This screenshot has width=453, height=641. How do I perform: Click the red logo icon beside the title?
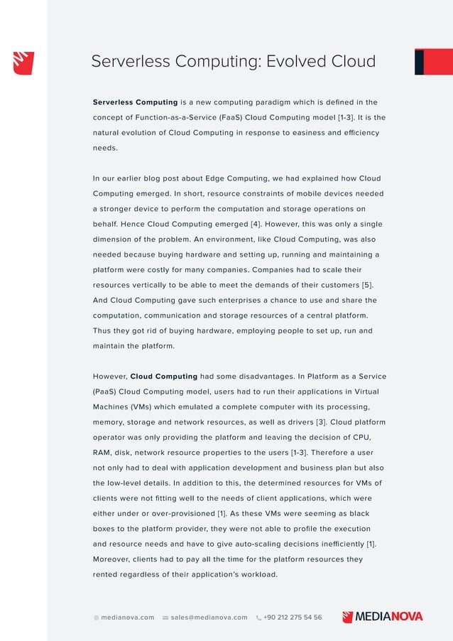coord(23,62)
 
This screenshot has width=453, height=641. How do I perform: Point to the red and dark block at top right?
coord(433,62)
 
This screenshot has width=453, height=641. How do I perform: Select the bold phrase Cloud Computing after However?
coord(164,376)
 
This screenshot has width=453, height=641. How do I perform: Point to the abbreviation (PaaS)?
coord(107,392)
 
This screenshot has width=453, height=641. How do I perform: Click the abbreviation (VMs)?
coord(148,406)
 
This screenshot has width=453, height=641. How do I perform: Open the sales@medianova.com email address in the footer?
coord(209,618)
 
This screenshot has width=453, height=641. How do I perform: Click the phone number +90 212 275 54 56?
coord(292,618)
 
